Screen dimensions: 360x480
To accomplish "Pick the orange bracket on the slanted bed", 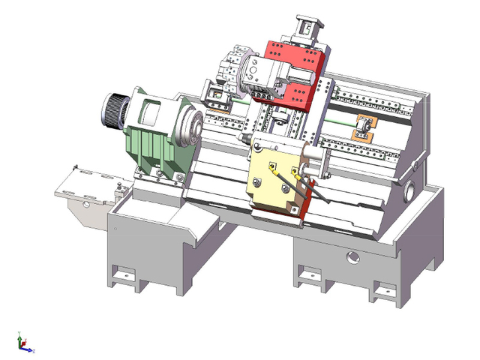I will click(x=364, y=129).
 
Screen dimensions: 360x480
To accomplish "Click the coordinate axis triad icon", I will click(x=25, y=345).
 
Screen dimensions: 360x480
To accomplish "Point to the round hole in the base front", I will click(x=352, y=259).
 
